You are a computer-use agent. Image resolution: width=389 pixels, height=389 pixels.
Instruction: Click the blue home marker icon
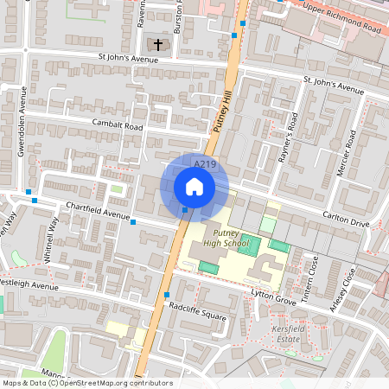[x=194, y=186]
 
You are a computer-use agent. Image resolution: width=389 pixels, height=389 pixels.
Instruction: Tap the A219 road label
[x=204, y=163]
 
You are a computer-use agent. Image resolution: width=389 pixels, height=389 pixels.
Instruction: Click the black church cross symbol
[x=158, y=44]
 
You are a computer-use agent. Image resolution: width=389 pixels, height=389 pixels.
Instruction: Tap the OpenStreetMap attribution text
[x=86, y=383]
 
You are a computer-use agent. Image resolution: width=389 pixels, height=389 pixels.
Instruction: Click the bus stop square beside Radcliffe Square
[x=166, y=295]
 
